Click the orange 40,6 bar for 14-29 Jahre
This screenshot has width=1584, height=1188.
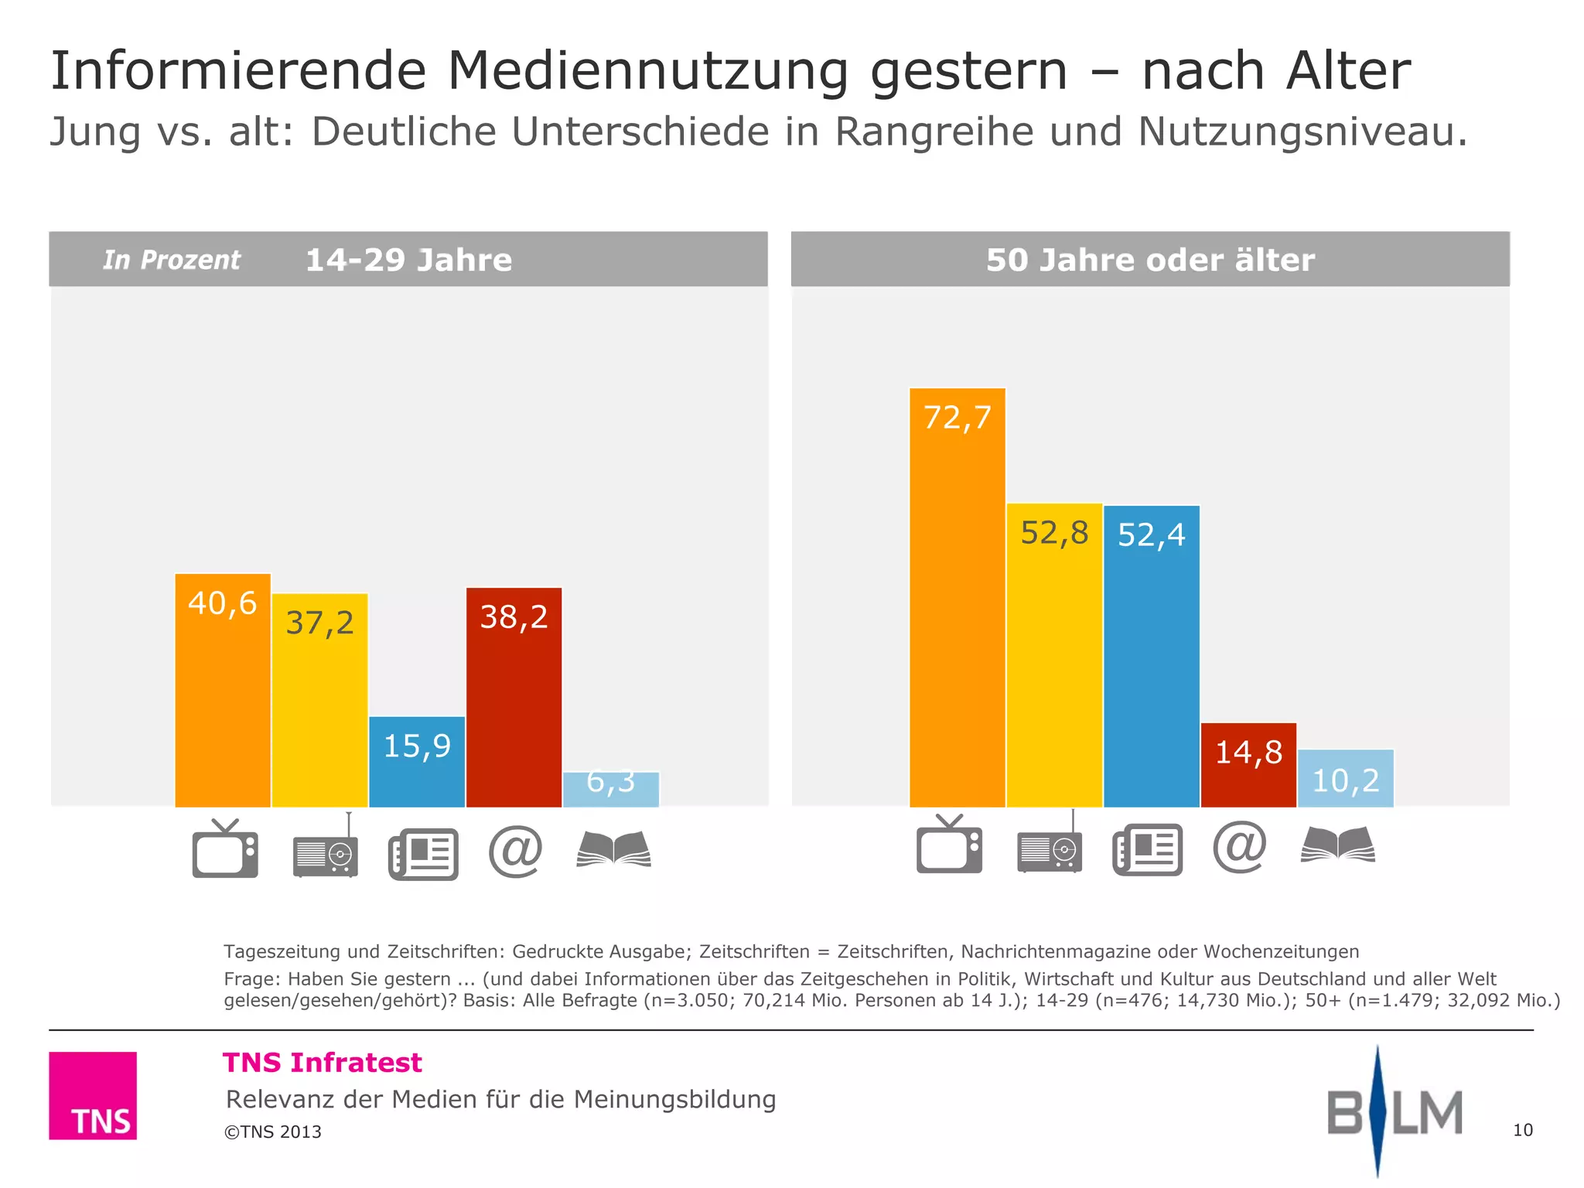click(223, 690)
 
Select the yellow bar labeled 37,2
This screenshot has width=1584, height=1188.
click(319, 700)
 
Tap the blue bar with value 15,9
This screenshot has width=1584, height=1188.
click(417, 762)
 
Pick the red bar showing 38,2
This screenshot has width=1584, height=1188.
click(514, 698)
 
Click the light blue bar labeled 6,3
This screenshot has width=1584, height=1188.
click(611, 790)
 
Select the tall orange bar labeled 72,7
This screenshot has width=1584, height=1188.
click(957, 597)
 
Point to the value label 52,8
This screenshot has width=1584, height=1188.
click(1054, 533)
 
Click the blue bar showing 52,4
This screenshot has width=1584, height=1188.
click(1151, 656)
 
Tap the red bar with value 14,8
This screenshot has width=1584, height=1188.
click(1248, 765)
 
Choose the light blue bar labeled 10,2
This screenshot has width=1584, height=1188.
click(1346, 778)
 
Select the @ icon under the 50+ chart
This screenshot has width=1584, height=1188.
click(1240, 847)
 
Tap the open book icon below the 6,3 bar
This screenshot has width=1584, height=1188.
click(613, 849)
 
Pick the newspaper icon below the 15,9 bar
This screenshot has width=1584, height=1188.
click(423, 854)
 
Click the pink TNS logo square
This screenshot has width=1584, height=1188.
click(93, 1095)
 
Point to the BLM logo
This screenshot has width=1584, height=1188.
click(1394, 1112)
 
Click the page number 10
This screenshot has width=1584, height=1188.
click(1522, 1130)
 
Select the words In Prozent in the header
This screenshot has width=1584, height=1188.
click(172, 260)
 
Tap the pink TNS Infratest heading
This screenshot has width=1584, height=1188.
click(322, 1063)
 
